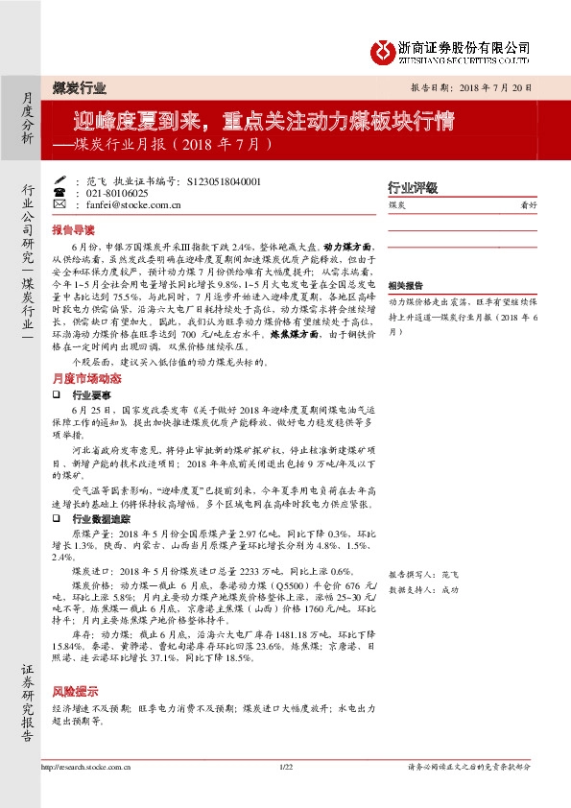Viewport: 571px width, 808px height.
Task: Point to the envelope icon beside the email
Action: tap(59, 204)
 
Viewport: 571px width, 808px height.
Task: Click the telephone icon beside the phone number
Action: tap(59, 192)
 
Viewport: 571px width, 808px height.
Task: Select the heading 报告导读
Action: tap(73, 230)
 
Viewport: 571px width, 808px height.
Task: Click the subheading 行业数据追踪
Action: tap(100, 517)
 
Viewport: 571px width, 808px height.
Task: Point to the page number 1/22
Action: tap(285, 767)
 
